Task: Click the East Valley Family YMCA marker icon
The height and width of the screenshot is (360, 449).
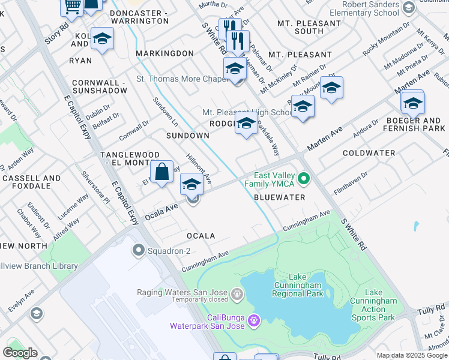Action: click(304, 179)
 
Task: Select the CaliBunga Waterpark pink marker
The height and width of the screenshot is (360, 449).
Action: click(253, 322)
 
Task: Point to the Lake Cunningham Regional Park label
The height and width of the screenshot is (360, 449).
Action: click(298, 284)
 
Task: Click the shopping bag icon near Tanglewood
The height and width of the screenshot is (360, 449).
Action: click(162, 172)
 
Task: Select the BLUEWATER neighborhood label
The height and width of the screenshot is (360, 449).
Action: click(280, 197)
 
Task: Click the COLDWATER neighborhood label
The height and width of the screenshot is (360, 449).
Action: click(369, 153)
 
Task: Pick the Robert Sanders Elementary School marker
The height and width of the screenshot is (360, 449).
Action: click(409, 8)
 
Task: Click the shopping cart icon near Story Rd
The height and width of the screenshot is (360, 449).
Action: click(72, 6)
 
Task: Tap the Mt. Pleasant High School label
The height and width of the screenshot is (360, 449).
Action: click(247, 112)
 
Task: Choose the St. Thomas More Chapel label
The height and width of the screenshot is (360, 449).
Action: click(181, 79)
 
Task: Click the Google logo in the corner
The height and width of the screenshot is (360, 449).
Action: click(19, 353)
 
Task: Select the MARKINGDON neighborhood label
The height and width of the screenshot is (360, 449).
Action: click(164, 53)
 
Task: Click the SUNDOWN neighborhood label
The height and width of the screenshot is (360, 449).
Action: click(188, 136)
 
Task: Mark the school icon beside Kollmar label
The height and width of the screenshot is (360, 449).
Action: click(102, 38)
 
